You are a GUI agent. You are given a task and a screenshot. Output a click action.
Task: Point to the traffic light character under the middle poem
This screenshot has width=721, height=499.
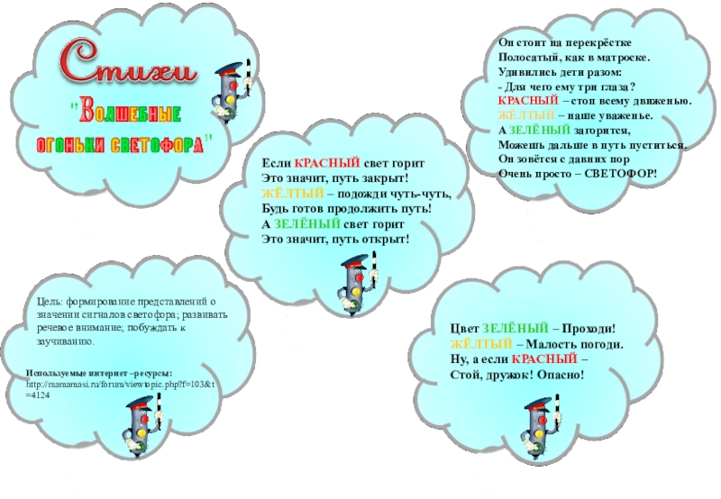tap(354, 286)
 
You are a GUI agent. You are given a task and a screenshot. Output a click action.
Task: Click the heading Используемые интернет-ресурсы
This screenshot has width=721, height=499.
tap(99, 373)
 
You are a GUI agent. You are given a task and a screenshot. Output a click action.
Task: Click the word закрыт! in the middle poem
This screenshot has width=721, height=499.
tap(387, 180)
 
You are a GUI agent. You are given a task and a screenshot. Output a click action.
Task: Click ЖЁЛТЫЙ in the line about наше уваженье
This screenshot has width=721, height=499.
tap(522, 116)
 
